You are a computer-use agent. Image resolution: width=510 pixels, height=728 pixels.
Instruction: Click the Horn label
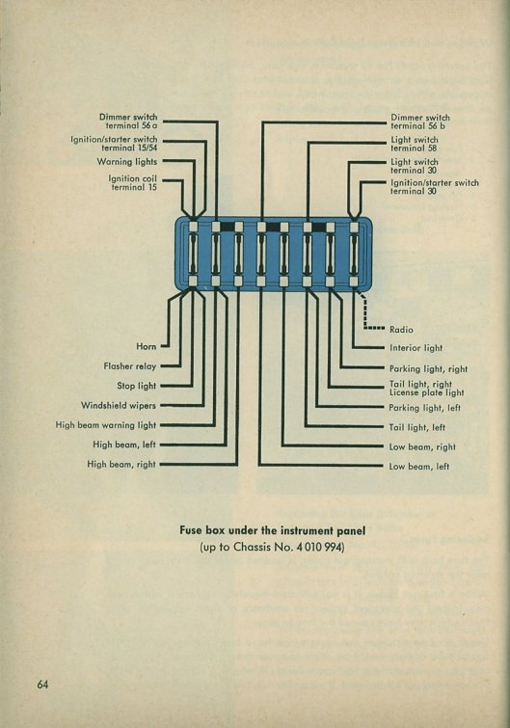pyautogui.click(x=147, y=346)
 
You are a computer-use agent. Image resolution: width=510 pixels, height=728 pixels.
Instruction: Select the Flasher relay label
pyautogui.click(x=130, y=366)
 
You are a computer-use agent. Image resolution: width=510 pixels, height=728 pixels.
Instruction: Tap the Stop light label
pyautogui.click(x=137, y=386)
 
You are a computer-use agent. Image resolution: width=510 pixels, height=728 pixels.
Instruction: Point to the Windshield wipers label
pyautogui.click(x=119, y=405)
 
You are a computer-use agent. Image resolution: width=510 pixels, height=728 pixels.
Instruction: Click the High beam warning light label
pyautogui.click(x=106, y=425)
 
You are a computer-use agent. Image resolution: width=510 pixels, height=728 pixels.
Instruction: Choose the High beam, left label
pyautogui.click(x=124, y=445)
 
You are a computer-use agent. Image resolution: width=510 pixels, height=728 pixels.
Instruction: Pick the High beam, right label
pyautogui.click(x=121, y=465)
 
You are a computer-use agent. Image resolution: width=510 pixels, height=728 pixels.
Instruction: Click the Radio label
pyautogui.click(x=401, y=330)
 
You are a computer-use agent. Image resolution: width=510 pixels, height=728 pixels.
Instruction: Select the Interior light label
pyautogui.click(x=416, y=348)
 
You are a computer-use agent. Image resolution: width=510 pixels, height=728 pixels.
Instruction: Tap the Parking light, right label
pyautogui.click(x=428, y=369)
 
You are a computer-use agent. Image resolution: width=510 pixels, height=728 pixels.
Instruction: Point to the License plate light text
pyautogui.click(x=426, y=392)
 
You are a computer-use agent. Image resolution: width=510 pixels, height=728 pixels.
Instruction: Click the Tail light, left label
pyautogui.click(x=417, y=427)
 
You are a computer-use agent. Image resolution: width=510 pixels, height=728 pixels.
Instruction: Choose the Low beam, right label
pyautogui.click(x=422, y=447)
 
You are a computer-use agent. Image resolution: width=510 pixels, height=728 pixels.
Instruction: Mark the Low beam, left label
pyautogui.click(x=419, y=467)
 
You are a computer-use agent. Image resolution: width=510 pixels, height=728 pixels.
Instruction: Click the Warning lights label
pyautogui.click(x=127, y=162)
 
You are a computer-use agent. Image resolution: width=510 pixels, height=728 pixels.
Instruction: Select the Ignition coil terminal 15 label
pyautogui.click(x=133, y=183)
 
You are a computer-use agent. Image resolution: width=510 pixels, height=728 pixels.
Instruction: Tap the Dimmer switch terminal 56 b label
pyautogui.click(x=420, y=121)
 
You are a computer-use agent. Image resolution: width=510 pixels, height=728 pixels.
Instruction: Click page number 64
pyautogui.click(x=42, y=685)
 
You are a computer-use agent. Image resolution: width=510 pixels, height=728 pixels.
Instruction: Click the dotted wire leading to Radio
pyautogui.click(x=365, y=311)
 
